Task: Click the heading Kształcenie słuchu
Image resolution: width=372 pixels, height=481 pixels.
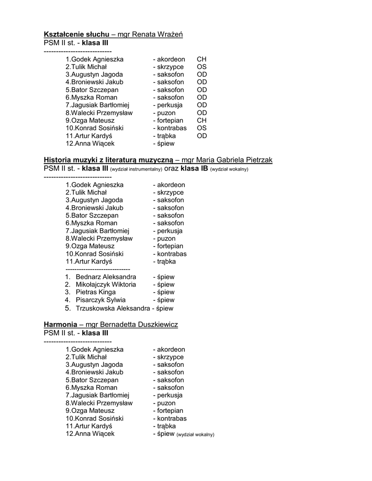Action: coord(77,35)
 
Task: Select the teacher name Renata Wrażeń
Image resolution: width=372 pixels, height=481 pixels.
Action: coord(158,35)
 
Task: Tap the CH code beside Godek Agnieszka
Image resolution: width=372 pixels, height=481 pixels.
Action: coord(201,60)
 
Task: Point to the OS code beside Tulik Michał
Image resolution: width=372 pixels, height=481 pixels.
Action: coord(201,67)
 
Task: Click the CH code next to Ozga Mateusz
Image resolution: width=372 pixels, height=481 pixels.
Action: coord(201,121)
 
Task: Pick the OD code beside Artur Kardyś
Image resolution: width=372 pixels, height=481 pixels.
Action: coord(201,136)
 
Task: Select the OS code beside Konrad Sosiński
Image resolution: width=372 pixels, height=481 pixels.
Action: coord(201,128)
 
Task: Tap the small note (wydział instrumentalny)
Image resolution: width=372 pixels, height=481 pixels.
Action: coord(136,169)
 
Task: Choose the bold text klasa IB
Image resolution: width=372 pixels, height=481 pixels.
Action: coord(194,168)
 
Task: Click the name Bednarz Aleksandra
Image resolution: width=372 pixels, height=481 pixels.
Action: coord(106,277)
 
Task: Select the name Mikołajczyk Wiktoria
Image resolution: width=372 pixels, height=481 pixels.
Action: coord(106,285)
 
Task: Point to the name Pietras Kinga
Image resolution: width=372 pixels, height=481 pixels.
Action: coord(95,292)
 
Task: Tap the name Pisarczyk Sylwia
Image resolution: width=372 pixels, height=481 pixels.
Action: coord(101,300)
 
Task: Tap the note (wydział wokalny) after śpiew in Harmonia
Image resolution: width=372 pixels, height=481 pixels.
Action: coord(195,434)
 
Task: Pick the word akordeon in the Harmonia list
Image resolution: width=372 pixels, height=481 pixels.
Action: coord(171,349)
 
